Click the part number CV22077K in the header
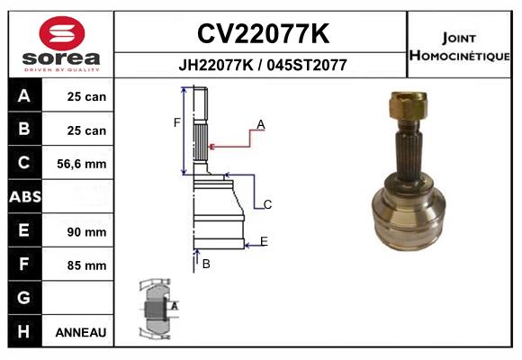point(262,34)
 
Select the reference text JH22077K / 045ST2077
point(262,66)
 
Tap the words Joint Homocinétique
point(461,46)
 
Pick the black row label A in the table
point(24,96)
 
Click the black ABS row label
point(24,197)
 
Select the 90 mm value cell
point(86,231)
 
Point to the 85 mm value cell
point(86,265)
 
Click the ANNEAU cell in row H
point(81,332)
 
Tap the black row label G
point(24,298)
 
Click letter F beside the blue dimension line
point(177,122)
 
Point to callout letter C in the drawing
point(268,205)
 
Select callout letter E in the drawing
point(264,240)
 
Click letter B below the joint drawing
point(206,264)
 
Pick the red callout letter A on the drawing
point(260,125)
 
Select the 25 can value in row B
point(86,130)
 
